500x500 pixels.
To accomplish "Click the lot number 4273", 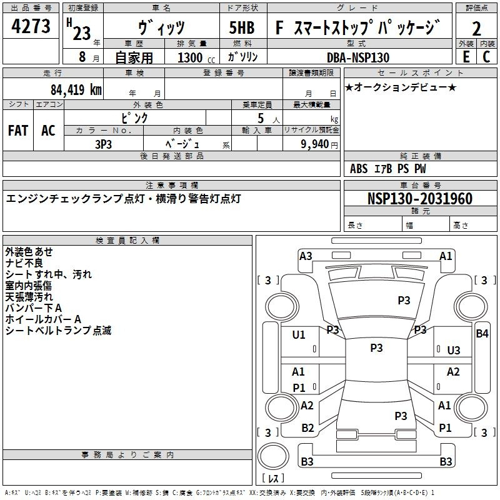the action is pyautogui.click(x=31, y=26).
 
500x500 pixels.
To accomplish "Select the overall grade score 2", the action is pyautogui.click(x=476, y=29).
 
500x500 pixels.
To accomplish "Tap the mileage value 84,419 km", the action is pyautogui.click(x=76, y=89).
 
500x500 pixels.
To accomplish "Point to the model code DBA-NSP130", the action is pyautogui.click(x=358, y=57).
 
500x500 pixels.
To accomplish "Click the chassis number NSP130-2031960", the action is pyautogui.click(x=420, y=199).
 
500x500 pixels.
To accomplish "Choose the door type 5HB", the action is pyautogui.click(x=242, y=27).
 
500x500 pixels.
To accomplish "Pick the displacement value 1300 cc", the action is pyautogui.click(x=196, y=57).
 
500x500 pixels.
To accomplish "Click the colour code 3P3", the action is pyautogui.click(x=103, y=144).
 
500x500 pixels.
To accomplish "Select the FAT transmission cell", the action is pyautogui.click(x=18, y=131).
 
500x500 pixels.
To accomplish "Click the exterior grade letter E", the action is pyautogui.click(x=466, y=57).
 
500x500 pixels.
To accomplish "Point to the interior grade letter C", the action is pyautogui.click(x=486, y=57).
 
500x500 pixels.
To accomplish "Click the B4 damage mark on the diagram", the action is pyautogui.click(x=482, y=334).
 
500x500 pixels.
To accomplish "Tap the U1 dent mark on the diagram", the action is pyautogui.click(x=299, y=335).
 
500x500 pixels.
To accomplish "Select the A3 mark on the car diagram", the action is pyautogui.click(x=306, y=256).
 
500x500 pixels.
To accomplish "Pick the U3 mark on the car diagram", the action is pyautogui.click(x=454, y=351).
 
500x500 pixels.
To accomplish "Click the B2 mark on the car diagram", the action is pyautogui.click(x=307, y=428).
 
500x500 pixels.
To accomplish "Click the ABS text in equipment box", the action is pyautogui.click(x=359, y=169).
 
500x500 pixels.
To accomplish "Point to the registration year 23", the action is pyautogui.click(x=82, y=33).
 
